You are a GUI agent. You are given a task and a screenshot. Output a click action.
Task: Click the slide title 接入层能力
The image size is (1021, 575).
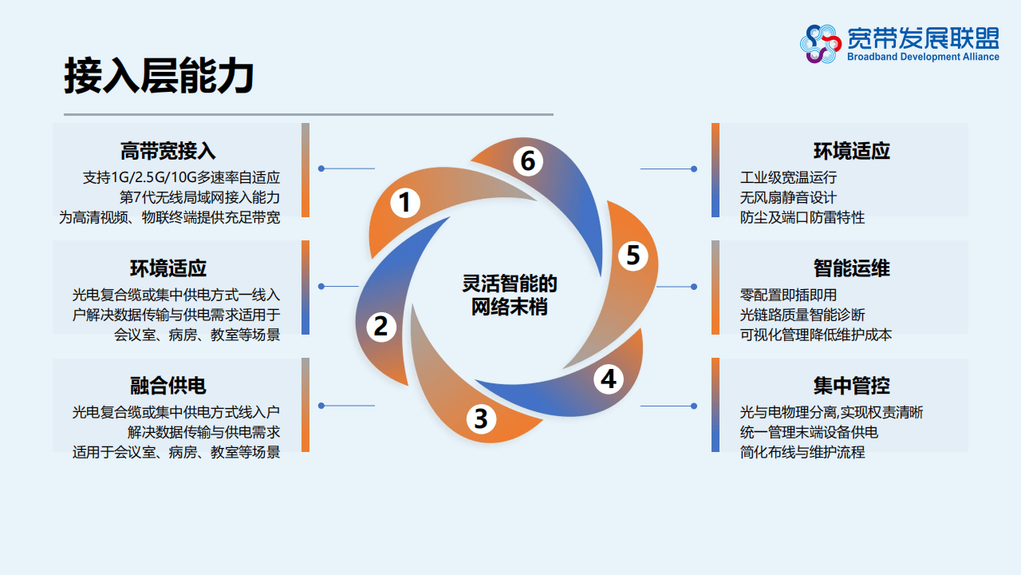click(159, 77)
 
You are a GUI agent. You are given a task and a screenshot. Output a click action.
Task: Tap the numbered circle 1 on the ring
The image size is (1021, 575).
click(405, 203)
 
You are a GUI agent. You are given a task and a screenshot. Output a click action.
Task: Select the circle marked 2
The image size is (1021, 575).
click(381, 326)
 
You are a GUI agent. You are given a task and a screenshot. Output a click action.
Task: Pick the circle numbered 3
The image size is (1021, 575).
click(480, 418)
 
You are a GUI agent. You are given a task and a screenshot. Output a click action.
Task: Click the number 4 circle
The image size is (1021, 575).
click(609, 379)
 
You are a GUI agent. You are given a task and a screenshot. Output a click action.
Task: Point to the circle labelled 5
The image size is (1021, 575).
click(633, 256)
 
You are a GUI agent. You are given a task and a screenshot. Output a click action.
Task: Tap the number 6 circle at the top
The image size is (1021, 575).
click(527, 161)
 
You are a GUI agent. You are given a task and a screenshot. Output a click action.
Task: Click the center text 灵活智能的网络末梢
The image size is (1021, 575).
click(510, 295)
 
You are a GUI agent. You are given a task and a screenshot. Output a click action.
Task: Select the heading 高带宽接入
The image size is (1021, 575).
click(168, 151)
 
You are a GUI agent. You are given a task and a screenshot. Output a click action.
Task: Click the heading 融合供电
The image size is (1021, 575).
click(168, 386)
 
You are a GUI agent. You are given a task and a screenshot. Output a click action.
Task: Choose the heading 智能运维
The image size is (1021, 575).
click(852, 268)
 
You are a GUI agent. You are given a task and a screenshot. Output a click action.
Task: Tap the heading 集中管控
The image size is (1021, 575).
click(852, 386)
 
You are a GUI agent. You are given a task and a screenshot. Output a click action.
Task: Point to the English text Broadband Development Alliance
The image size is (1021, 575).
click(923, 57)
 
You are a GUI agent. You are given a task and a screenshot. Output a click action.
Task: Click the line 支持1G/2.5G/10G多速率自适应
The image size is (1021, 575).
click(181, 177)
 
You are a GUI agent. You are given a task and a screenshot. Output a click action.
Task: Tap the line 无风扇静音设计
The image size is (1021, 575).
click(788, 197)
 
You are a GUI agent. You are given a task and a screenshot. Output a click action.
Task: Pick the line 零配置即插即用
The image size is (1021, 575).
click(788, 295)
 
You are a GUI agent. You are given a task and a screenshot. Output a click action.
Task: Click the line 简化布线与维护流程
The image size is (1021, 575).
click(802, 452)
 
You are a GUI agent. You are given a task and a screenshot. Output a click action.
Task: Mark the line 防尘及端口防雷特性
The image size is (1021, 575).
click(802, 217)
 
